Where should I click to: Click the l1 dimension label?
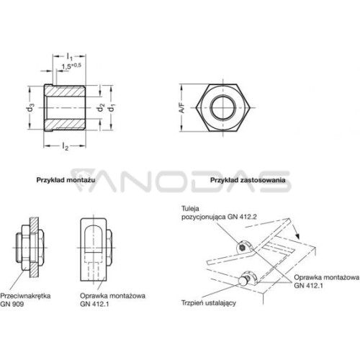click(x=69, y=57)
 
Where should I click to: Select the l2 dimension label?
click(x=66, y=146)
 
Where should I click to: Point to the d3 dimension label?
click(x=30, y=108)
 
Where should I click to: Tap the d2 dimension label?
click(x=101, y=108)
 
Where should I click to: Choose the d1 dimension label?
click(x=111, y=108)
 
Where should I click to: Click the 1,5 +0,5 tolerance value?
click(x=71, y=66)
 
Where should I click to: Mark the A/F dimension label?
click(x=182, y=108)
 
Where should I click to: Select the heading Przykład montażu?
click(x=66, y=180)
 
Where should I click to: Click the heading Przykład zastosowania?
click(x=248, y=180)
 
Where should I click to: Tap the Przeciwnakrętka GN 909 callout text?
click(x=25, y=300)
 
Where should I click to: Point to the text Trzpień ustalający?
click(x=209, y=303)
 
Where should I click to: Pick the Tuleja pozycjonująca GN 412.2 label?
click(x=219, y=212)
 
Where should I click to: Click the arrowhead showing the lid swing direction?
click(x=297, y=236)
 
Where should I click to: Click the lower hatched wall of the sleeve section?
click(x=65, y=125)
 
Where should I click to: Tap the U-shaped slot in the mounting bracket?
click(x=94, y=239)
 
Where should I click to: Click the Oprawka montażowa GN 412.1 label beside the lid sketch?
click(x=327, y=282)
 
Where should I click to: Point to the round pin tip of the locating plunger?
click(x=243, y=281)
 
